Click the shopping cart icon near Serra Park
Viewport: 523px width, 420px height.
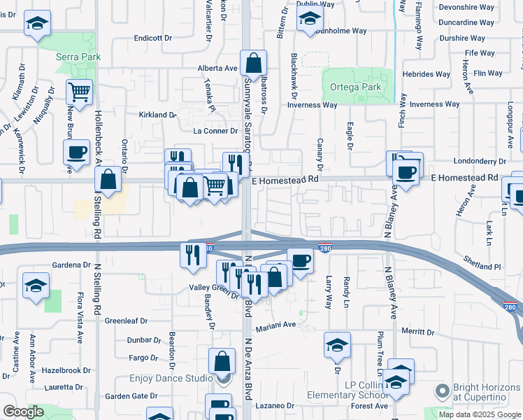click(x=80, y=91)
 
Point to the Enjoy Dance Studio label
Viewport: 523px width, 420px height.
click(x=171, y=379)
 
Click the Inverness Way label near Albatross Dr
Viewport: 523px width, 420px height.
click(x=312, y=105)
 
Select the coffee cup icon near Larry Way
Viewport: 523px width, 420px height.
click(x=300, y=262)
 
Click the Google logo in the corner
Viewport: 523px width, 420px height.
click(x=23, y=412)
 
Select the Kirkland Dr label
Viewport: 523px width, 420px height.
click(x=157, y=114)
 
